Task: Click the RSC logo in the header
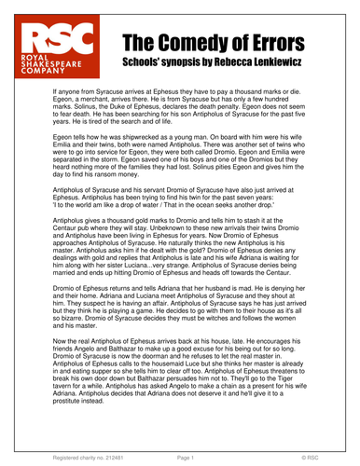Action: pos(63,54)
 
